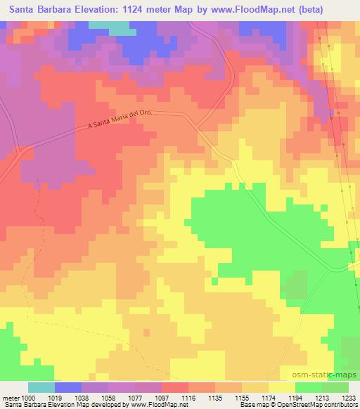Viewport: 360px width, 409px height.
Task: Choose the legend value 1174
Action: coord(268,397)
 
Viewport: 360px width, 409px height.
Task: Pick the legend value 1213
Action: coord(321,397)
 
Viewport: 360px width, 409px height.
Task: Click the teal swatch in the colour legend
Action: coord(41,387)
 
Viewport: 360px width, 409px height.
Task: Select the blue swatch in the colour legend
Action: coord(68,387)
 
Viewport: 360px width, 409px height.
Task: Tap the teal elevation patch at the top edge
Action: coord(120,28)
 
